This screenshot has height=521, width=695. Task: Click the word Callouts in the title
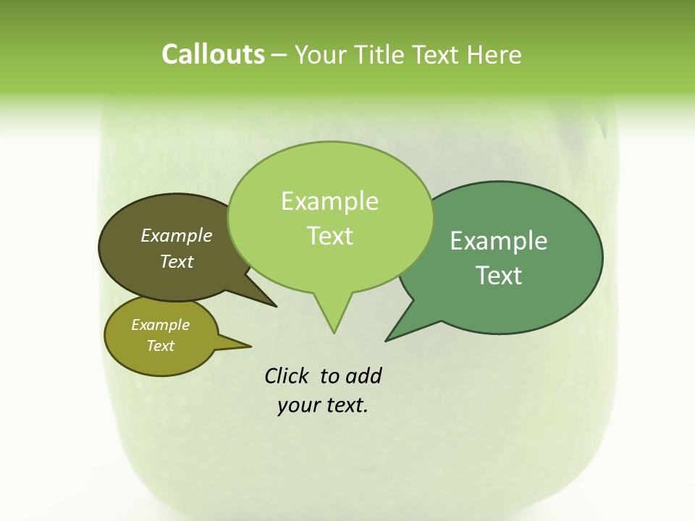point(213,54)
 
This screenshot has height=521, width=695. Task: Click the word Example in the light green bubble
point(329,201)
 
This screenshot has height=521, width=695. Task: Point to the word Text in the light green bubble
point(330,236)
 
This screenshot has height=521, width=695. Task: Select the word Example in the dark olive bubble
point(177,235)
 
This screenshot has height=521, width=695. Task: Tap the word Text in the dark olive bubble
point(177,261)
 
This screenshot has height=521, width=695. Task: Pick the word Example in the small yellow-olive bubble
point(161,325)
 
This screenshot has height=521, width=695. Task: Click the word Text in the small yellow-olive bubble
point(161,346)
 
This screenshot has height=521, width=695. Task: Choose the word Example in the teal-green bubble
point(499,240)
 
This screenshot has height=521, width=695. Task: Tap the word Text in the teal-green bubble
point(499,276)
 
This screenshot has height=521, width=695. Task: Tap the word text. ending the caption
point(344,405)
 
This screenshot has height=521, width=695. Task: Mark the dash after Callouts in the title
point(280,55)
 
